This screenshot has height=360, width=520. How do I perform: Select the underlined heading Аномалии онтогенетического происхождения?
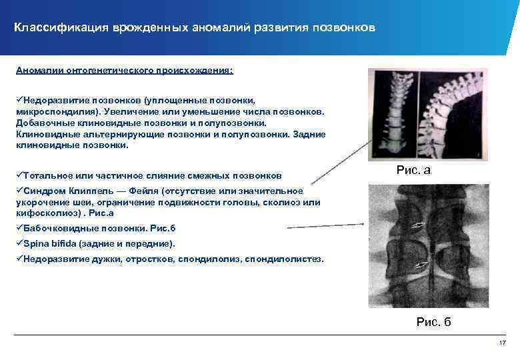tap(125, 69)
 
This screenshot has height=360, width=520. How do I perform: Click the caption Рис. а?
tap(413, 171)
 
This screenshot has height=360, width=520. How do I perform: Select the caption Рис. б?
tap(433, 322)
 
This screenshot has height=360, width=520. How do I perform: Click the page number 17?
tap(503, 343)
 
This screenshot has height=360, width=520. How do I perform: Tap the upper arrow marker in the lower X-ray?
tap(419, 225)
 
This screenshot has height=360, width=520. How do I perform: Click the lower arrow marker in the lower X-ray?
tap(420, 267)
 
